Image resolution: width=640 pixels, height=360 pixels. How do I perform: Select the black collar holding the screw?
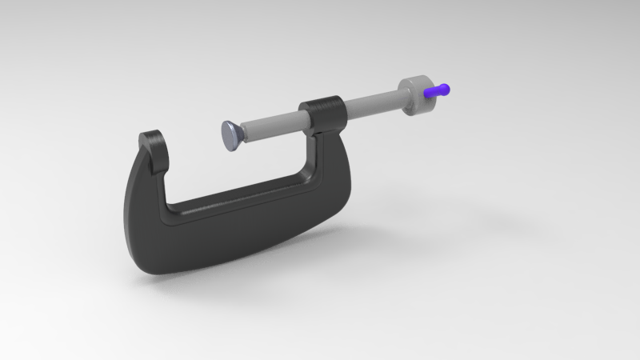point(322,113)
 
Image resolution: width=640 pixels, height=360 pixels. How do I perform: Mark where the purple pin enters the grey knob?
point(427,93)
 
